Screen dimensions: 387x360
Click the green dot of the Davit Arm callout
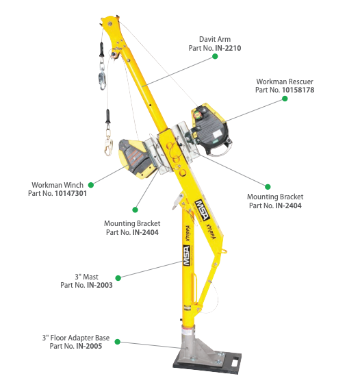214,61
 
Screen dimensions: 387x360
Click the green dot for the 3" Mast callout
118,277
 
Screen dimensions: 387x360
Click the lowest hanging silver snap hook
108,143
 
